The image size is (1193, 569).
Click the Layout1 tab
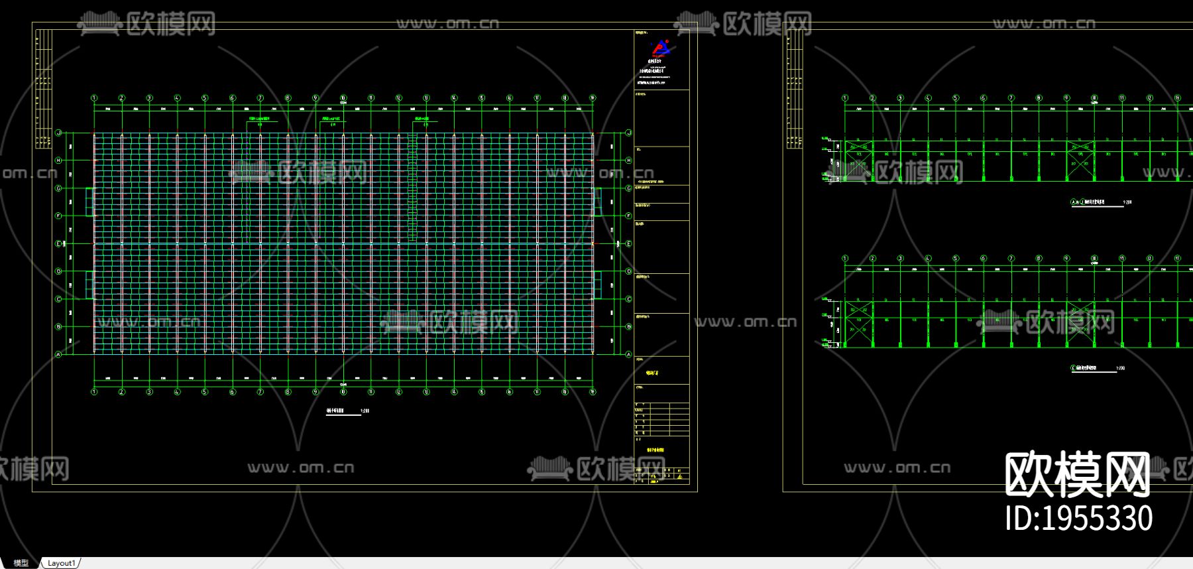tap(61, 563)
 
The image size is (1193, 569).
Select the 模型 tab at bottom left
tap(21, 563)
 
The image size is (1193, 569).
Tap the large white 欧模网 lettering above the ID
tap(1077, 474)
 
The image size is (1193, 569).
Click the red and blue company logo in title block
tap(660, 48)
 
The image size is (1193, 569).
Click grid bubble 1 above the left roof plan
tap(94, 98)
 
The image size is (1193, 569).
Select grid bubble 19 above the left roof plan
tap(593, 98)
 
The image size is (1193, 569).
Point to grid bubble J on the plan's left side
tap(58, 133)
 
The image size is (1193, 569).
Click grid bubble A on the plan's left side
tap(58, 354)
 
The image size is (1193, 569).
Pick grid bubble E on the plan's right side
tap(628, 243)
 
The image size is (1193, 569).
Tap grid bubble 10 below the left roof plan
tap(343, 392)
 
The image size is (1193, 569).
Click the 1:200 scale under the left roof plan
tap(365, 411)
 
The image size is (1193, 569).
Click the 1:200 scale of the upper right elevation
tap(1127, 202)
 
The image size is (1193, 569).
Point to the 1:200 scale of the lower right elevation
tap(1120, 368)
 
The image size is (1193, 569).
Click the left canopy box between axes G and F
tap(89, 202)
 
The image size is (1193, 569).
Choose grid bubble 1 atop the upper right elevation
tap(845, 98)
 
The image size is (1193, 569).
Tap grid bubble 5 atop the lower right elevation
tap(956, 259)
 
